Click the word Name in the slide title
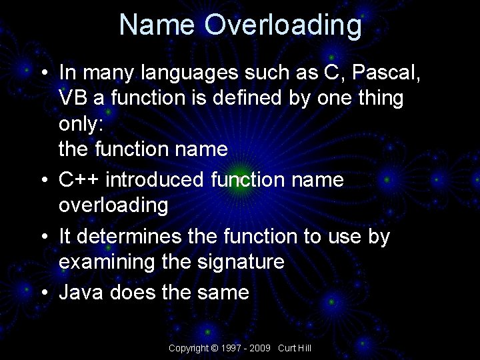click(x=157, y=25)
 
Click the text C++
click(x=79, y=179)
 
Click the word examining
click(x=108, y=262)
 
